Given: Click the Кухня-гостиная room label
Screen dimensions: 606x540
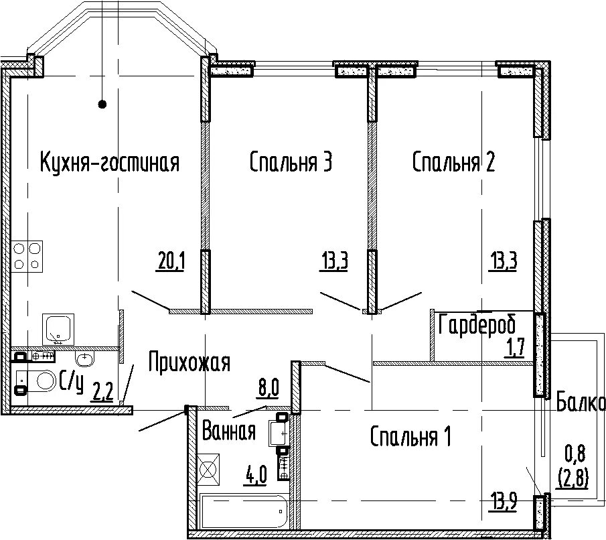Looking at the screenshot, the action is coord(110,162).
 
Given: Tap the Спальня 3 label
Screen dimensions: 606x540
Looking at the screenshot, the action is coord(291,161).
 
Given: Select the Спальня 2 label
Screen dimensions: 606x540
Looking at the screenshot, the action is coord(453,161).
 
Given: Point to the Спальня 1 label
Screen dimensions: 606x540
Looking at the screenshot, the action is coord(410,436).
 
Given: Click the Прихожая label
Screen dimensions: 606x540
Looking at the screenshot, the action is coord(190,362).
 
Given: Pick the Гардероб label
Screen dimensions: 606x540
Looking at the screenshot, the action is coord(477,324).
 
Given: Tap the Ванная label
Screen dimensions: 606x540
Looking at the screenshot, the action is coord(229,431).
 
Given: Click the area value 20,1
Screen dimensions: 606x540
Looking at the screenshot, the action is coord(171,261).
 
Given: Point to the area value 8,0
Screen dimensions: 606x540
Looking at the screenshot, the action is coord(268,388).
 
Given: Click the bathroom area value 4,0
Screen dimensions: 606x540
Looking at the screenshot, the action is coord(255,475).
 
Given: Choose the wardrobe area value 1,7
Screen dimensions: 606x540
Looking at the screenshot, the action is coord(514,347).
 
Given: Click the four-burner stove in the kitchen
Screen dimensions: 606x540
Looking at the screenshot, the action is coord(27,256).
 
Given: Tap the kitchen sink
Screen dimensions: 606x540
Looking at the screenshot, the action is coord(58,330).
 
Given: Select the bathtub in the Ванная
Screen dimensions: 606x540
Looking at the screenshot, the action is coord(244,511).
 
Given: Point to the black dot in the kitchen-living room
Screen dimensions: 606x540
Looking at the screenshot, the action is coord(102,104).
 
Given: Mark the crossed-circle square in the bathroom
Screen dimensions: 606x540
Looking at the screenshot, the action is coord(208,470).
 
